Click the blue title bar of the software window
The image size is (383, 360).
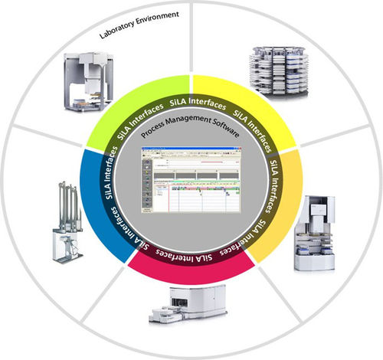click(x=192, y=149)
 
